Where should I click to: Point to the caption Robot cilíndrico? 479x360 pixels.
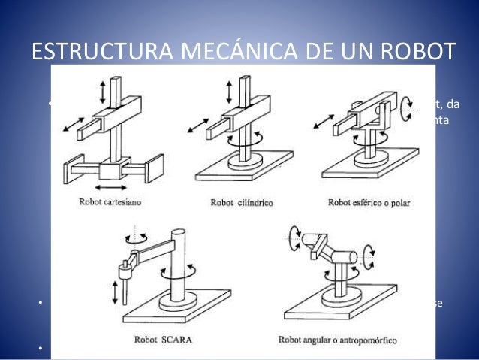tap(243, 201)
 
